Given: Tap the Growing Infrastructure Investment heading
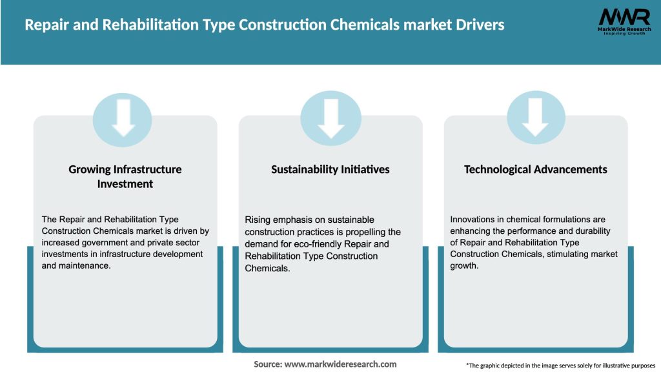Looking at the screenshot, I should point(125,176).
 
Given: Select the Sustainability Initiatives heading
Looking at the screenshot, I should point(330,169).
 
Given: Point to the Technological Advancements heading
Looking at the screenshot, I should point(536,169).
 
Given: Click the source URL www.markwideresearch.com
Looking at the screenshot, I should point(340,364).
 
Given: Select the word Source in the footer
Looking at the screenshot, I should point(267,364).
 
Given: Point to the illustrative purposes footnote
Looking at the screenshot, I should point(560,366).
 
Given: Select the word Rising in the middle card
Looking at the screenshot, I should point(257,220).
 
